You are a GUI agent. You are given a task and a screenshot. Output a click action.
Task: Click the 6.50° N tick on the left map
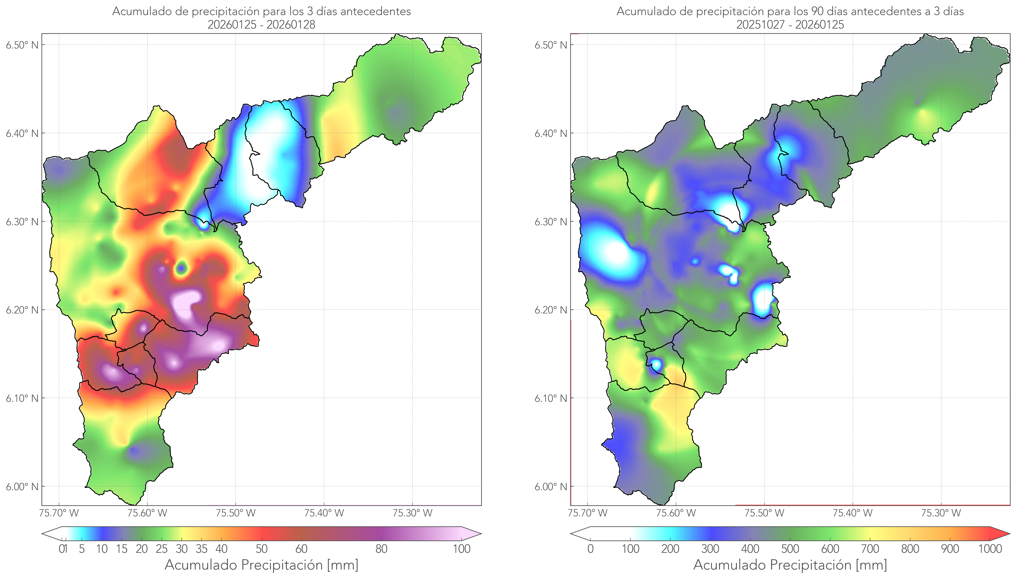[22, 45]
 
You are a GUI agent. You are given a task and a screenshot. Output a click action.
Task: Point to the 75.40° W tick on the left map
[324, 513]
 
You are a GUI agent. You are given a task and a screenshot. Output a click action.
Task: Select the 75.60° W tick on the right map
[676, 513]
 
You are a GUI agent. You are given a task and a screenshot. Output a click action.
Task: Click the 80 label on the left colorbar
[381, 549]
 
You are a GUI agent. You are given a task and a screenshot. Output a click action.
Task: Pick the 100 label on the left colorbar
[461, 549]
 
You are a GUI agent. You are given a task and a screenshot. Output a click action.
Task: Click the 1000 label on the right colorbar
[990, 549]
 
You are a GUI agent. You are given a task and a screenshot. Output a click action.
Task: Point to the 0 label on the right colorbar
[590, 549]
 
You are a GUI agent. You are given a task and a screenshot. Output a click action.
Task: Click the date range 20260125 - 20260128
[261, 25]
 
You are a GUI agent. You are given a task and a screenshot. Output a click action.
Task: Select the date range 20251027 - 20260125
[790, 25]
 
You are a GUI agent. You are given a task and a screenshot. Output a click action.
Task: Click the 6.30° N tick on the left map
[22, 221]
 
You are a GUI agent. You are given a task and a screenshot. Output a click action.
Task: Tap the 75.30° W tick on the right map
[941, 513]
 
